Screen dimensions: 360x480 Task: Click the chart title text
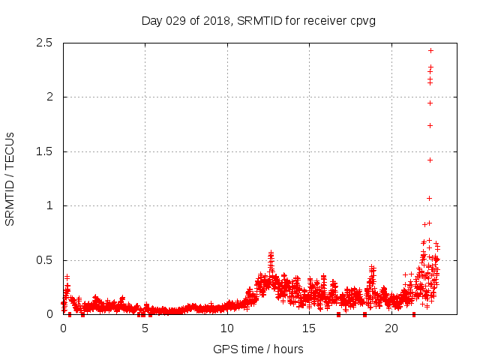pyautogui.click(x=258, y=20)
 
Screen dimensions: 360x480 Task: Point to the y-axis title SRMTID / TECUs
pyautogui.click(x=10, y=178)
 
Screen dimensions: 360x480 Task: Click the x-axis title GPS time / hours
pyautogui.click(x=258, y=349)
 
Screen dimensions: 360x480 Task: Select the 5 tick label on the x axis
pyautogui.click(x=145, y=328)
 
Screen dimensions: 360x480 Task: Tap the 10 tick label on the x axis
pyautogui.click(x=227, y=328)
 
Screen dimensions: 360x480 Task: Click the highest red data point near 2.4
pyautogui.click(x=430, y=50)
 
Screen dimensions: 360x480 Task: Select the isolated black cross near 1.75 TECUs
pyautogui.click(x=430, y=125)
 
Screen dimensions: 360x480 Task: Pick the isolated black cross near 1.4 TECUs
pyautogui.click(x=430, y=160)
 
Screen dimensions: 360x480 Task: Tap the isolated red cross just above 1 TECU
pyautogui.click(x=429, y=198)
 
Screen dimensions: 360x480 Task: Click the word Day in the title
pyautogui.click(x=151, y=20)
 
